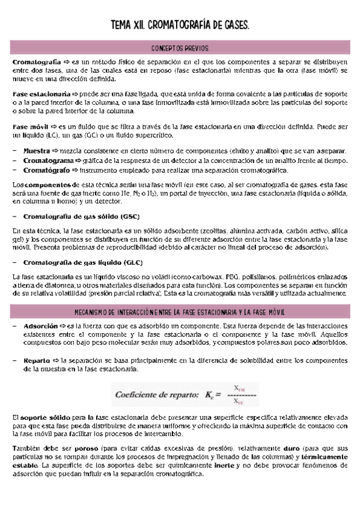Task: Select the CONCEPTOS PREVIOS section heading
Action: (180, 48)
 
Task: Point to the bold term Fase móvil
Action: (31, 127)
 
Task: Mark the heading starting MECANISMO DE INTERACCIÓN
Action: (180, 312)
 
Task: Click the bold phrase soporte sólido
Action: (40, 417)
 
